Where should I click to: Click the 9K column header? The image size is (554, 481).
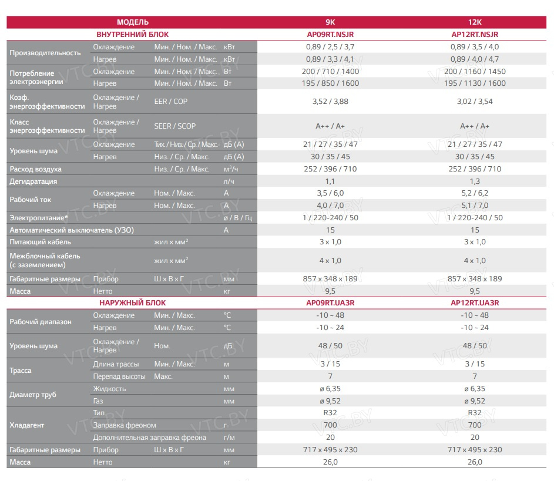coord(330,22)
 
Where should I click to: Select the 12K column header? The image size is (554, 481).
coord(475,22)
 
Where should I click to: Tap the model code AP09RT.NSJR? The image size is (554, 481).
coord(330,35)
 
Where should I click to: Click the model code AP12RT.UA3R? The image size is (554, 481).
coord(475,303)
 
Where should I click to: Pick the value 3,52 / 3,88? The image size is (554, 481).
coord(330,102)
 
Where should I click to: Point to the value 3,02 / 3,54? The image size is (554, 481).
coord(475,102)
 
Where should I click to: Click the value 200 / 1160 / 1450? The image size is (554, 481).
coord(475,72)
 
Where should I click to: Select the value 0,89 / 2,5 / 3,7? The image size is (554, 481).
coord(330,47)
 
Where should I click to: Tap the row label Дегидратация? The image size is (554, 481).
coord(33,181)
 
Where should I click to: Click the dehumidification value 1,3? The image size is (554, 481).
coord(475,181)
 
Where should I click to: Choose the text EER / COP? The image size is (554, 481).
coord(171,102)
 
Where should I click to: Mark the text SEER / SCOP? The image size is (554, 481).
coord(175,126)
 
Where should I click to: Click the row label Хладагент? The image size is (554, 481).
coord(27,425)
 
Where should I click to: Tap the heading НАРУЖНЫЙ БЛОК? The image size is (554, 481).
coord(132,303)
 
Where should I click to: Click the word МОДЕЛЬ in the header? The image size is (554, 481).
coord(133,22)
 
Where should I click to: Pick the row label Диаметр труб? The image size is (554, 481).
coord(33,395)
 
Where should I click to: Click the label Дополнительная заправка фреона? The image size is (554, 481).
coord(149,438)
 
